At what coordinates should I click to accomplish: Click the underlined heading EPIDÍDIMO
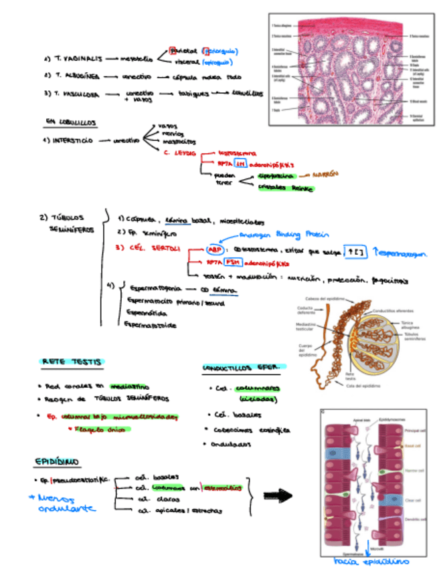point(57,462)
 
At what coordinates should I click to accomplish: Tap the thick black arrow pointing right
point(278,495)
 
